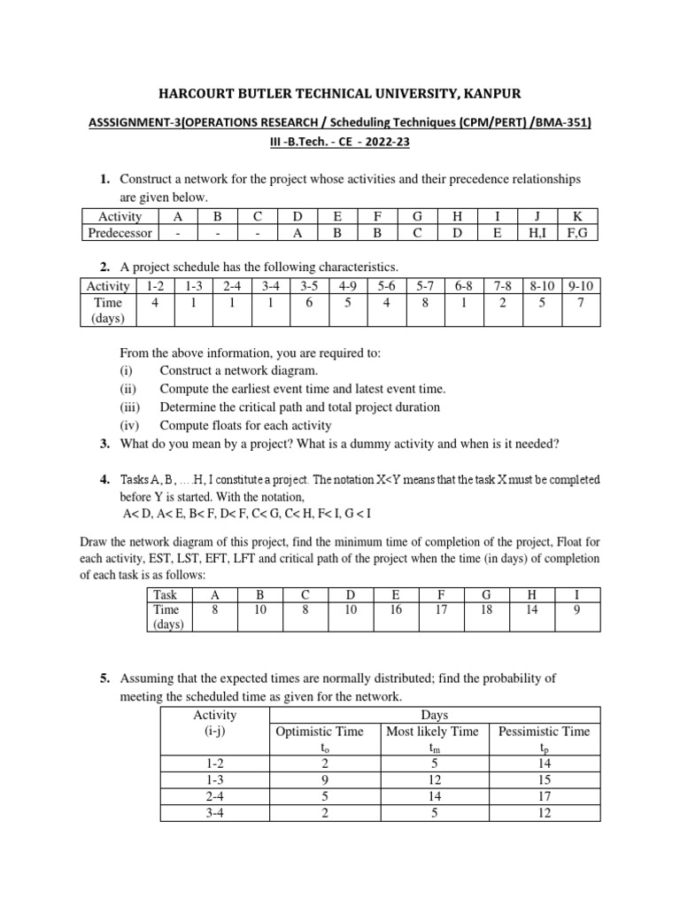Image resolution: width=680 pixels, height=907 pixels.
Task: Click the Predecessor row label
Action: pyautogui.click(x=120, y=233)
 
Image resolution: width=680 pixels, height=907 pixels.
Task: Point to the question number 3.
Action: pyautogui.click(x=104, y=444)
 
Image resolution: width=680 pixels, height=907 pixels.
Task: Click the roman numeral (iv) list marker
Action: pyautogui.click(x=129, y=425)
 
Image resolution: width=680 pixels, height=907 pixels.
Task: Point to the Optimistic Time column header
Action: pyautogui.click(x=320, y=731)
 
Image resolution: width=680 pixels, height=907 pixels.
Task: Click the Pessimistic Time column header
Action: pyautogui.click(x=544, y=731)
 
